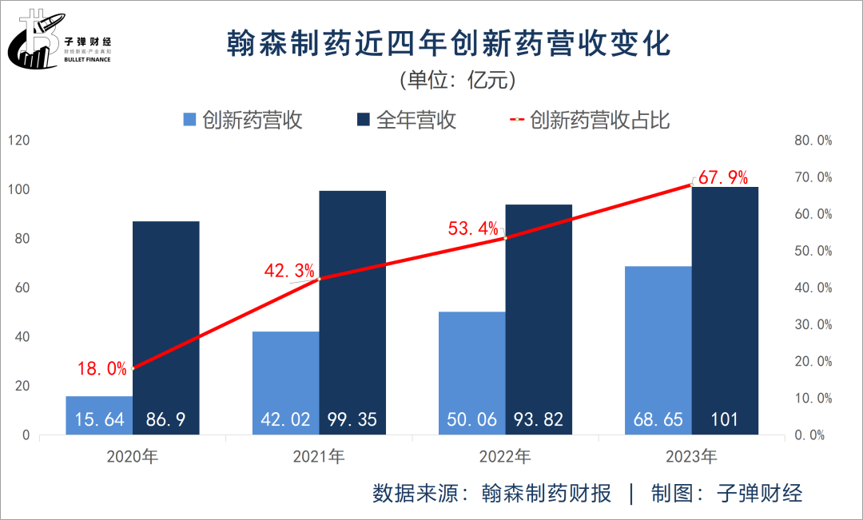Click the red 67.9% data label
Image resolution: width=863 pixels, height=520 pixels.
point(722,177)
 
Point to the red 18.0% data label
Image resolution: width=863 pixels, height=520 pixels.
point(102,369)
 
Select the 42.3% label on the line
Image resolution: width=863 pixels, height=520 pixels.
point(289,271)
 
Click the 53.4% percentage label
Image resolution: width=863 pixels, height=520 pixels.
point(473,229)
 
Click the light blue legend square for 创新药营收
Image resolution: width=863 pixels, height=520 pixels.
point(190,120)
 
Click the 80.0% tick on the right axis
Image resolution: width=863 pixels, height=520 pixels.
point(813,141)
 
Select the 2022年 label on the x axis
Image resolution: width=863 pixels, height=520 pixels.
point(505,458)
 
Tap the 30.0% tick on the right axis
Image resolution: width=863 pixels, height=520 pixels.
point(813,324)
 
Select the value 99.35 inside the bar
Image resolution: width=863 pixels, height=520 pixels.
point(352,419)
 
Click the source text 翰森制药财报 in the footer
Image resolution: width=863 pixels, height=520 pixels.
point(547,493)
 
